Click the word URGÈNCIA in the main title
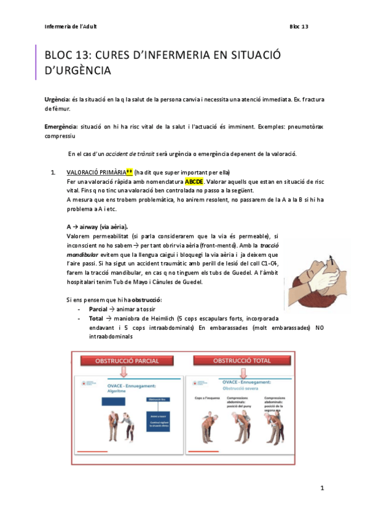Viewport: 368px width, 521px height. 77,71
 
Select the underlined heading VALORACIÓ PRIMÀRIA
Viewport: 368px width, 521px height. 95,173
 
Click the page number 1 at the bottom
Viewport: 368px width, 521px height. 321,488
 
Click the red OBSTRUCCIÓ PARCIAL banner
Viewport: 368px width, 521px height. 123,360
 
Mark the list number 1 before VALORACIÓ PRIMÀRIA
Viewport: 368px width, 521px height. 53,173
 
